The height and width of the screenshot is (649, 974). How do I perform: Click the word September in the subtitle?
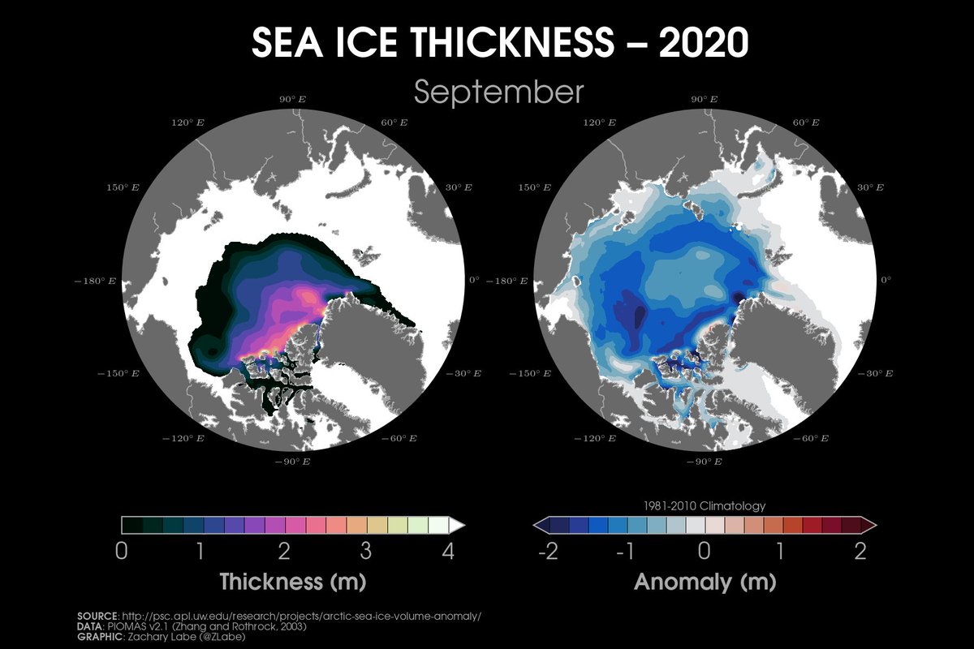point(499,92)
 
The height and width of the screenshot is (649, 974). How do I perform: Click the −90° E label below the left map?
point(293,462)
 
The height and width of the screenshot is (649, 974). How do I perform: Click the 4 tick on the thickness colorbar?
point(447,552)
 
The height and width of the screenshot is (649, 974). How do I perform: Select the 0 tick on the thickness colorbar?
point(122,552)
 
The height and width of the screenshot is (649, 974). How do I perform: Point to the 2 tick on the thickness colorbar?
point(284,552)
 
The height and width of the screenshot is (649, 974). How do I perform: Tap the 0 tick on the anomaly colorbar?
point(705,552)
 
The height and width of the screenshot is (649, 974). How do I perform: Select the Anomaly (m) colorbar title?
point(704,582)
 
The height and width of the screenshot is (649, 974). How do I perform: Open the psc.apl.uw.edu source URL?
point(301,616)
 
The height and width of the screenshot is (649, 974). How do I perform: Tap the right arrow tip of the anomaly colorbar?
point(873,525)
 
